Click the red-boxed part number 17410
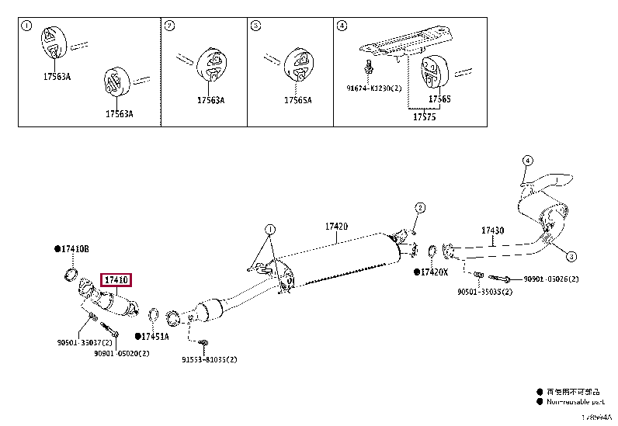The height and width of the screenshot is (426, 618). tap(116, 280)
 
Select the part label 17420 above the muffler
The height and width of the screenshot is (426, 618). tap(336, 227)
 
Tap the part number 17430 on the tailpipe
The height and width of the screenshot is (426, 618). tap(492, 230)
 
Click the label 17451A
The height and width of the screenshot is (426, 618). tap(155, 336)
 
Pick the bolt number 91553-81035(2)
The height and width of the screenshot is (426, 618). tap(209, 359)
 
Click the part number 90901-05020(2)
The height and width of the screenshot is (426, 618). tap(121, 353)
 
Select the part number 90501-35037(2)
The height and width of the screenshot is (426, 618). tap(85, 342)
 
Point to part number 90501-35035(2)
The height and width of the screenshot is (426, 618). tap(484, 292)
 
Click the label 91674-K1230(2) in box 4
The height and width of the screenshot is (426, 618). tap(375, 88)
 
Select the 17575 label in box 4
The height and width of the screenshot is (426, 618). tap(424, 116)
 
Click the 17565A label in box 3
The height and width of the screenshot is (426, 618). tap(297, 100)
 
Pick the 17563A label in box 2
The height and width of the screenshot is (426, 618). tap(210, 100)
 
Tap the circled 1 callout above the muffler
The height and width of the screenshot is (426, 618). tap(269, 230)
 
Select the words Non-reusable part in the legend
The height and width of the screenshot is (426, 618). tap(577, 402)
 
